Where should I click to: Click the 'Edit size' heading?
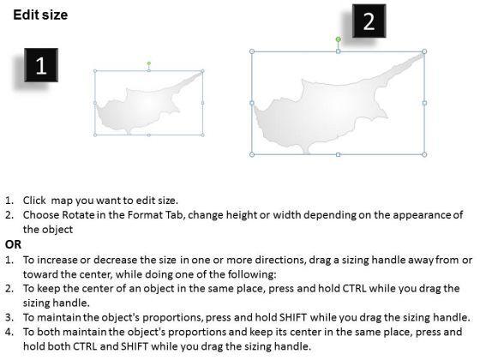click(x=40, y=15)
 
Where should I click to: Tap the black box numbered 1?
click(x=41, y=65)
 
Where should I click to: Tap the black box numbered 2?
click(x=369, y=21)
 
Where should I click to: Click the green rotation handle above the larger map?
click(x=338, y=39)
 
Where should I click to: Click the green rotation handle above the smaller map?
click(x=149, y=63)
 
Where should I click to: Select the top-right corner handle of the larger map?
click(x=424, y=51)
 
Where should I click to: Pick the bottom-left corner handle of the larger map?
click(x=252, y=154)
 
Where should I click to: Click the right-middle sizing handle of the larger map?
click(x=424, y=103)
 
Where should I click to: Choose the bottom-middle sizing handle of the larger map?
click(x=338, y=154)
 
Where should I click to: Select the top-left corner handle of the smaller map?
click(x=95, y=71)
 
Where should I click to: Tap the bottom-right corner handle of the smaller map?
click(x=202, y=135)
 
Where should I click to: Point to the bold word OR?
click(x=13, y=244)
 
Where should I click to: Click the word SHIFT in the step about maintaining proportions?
click(x=293, y=317)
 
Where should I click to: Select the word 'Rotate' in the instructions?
click(x=78, y=215)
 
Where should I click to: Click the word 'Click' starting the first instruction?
click(x=34, y=201)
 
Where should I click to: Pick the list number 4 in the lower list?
click(x=9, y=332)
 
